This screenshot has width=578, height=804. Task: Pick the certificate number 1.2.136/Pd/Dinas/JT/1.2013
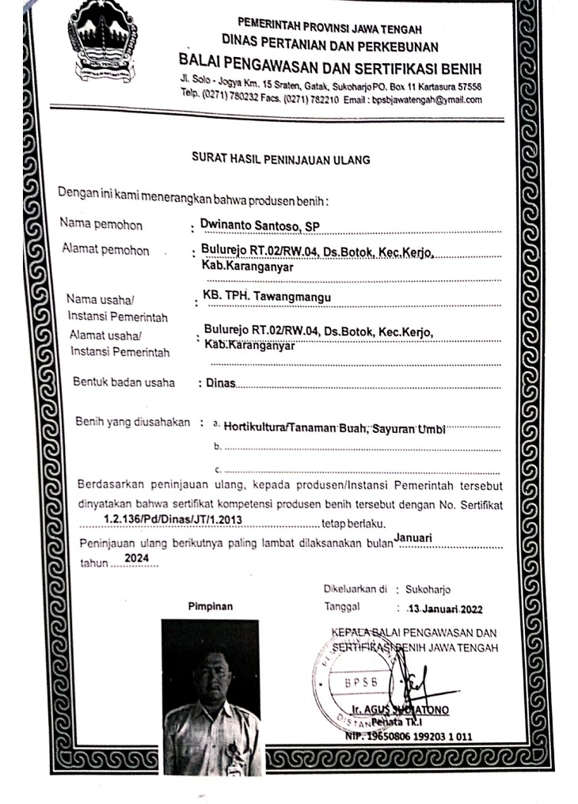point(172,519)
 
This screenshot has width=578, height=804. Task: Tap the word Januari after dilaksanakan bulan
point(413,537)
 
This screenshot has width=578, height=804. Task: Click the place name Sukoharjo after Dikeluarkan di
point(428,590)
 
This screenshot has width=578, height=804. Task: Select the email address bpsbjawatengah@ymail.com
point(432,100)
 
